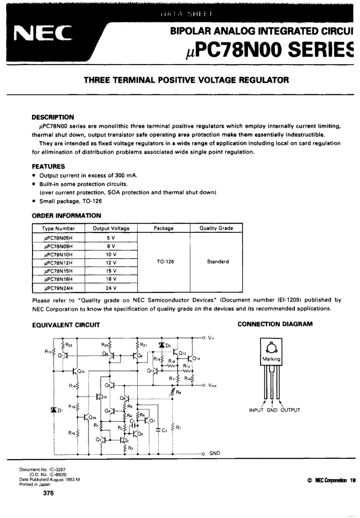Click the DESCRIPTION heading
53,117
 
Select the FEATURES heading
48,166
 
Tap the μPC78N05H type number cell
58,238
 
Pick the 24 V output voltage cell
111,288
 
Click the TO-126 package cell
165,262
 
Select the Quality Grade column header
216,228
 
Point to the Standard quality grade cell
218,262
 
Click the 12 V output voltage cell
111,263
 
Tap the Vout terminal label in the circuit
212,386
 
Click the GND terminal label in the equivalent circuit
215,453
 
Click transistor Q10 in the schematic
77,371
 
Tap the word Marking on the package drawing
271,359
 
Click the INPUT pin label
257,410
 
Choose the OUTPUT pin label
290,410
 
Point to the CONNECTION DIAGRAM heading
275,324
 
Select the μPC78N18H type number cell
58,279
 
